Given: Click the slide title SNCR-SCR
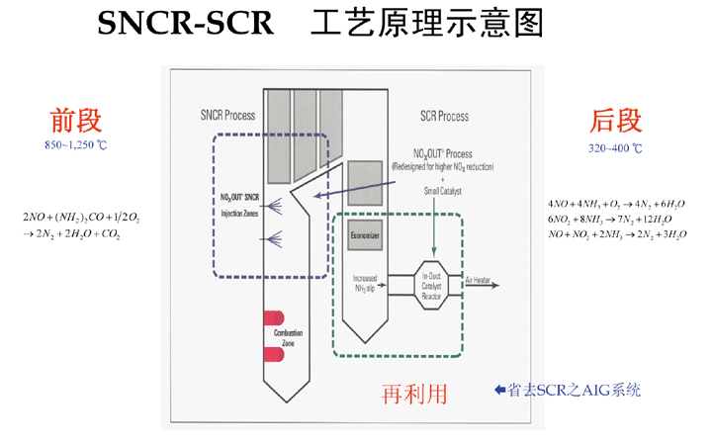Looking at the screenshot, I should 184,26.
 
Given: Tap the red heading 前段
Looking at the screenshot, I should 76,121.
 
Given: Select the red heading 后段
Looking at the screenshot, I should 616,121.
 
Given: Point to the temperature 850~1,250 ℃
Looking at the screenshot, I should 76,145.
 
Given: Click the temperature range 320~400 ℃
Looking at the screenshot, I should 615,148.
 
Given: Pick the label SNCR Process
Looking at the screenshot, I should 226,117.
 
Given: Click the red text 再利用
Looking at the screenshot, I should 414,394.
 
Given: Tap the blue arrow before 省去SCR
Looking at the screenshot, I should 500,390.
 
